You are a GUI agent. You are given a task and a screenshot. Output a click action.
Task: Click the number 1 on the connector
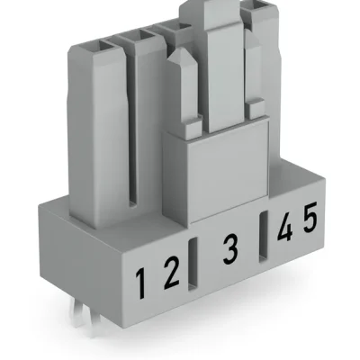click(141, 283)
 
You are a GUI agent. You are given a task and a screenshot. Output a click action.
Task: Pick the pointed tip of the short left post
click(181, 53)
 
